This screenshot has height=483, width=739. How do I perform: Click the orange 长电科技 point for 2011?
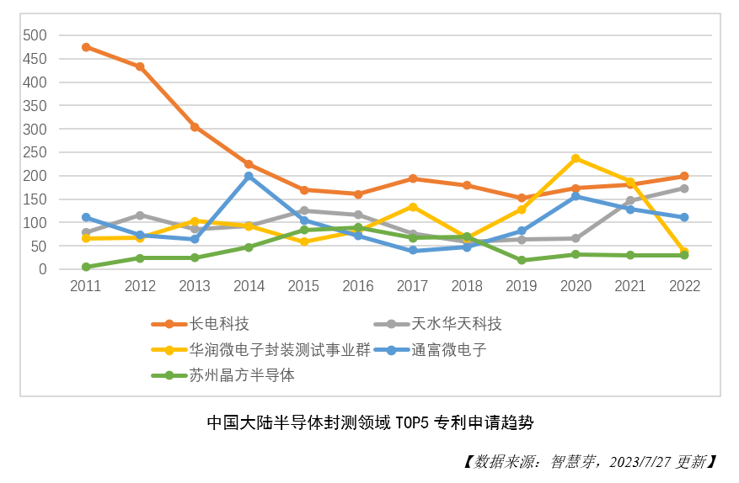(x=86, y=47)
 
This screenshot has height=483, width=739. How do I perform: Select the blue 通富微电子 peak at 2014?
(x=249, y=176)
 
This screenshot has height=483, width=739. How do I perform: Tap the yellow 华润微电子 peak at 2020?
(x=576, y=158)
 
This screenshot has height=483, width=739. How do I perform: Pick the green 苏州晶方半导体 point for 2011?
(x=86, y=267)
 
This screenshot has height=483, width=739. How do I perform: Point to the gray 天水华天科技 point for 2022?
(x=684, y=188)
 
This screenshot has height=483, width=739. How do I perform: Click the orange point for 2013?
(x=195, y=127)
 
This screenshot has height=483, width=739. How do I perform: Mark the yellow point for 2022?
(x=684, y=252)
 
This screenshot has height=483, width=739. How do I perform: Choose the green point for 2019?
(x=522, y=260)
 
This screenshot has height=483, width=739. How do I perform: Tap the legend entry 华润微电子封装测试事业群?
(x=280, y=350)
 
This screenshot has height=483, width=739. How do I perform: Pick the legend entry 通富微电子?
(x=448, y=350)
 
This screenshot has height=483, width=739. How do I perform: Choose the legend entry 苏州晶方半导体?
(x=242, y=375)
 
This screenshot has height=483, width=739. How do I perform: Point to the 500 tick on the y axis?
(x=35, y=35)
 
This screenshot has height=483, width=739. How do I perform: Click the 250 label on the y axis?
(x=35, y=152)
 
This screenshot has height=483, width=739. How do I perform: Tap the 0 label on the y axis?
(x=42, y=269)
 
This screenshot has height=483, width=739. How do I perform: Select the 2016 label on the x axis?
(x=357, y=286)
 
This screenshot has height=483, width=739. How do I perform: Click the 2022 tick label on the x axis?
(x=684, y=286)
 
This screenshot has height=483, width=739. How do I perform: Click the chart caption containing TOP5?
(x=369, y=422)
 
